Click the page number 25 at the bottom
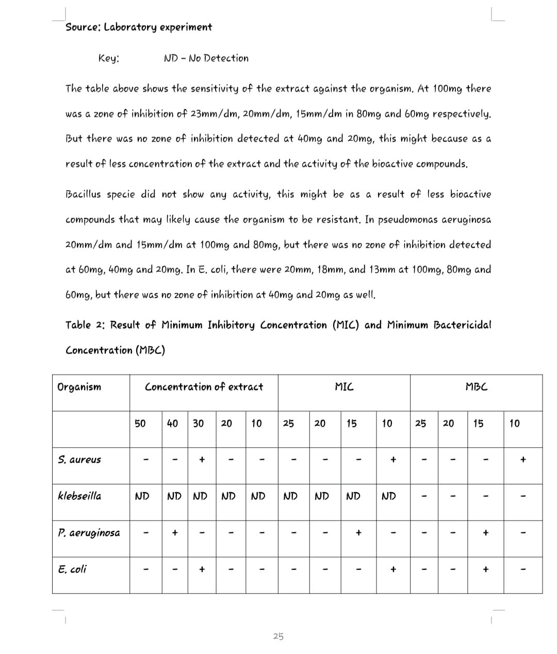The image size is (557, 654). coord(278,636)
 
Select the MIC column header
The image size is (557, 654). coord(344,387)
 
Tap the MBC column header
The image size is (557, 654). coord(476,387)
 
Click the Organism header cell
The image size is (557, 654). coord(79,387)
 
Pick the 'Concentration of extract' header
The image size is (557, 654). coord(204,387)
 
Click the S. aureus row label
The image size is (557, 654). coord(79,460)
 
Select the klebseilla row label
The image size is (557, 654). coord(79,496)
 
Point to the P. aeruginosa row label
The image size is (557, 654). coord(89,533)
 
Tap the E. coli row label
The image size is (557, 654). coord(72,569)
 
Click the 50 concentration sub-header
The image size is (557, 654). coord(140,424)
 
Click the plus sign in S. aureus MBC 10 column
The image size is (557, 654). coord(523,459)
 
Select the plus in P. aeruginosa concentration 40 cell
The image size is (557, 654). coord(175,533)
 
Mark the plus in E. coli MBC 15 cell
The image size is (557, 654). coord(485,569)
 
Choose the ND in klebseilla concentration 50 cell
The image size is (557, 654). coord(142,496)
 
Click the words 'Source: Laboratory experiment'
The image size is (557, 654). coord(139,27)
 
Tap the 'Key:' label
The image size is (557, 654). coord(109,58)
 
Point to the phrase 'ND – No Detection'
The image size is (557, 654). coord(206,58)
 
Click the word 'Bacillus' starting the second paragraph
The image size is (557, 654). coord(85,194)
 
